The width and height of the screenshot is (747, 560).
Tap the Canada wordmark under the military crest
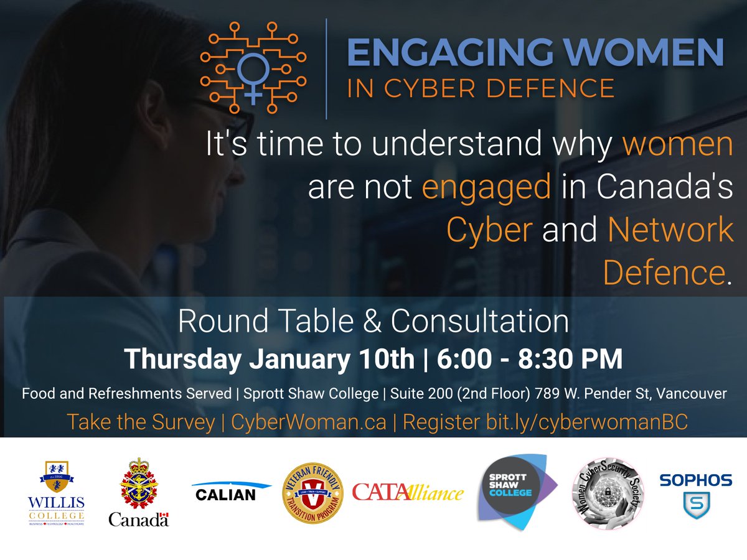point(138,519)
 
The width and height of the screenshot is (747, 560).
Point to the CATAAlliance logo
point(408,492)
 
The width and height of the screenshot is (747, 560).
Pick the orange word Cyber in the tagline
point(489,231)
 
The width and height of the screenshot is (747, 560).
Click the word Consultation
point(479,322)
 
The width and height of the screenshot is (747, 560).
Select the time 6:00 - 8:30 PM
point(530,359)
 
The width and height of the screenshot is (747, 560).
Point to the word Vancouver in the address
point(697,394)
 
